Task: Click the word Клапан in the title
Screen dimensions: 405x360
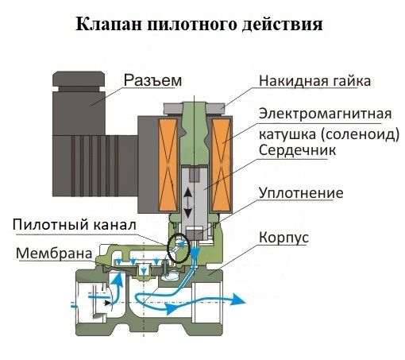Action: coord(109,24)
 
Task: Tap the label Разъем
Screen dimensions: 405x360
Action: coord(152,80)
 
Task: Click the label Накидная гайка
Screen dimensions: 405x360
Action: coord(314,81)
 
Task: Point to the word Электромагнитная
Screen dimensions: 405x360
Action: coord(325,114)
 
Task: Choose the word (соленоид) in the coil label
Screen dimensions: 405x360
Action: coord(360,134)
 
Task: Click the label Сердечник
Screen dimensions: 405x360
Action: coord(297,150)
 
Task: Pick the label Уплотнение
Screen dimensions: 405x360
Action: coord(301,193)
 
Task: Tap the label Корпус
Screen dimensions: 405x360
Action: coord(283,237)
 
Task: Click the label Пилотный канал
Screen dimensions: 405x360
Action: coord(75,225)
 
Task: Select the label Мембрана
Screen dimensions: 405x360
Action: coord(54,254)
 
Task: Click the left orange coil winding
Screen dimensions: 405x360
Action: coord(168,164)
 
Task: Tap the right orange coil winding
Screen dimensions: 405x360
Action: coord(222,164)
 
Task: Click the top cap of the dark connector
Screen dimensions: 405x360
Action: coord(79,79)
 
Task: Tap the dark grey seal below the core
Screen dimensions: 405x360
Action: coord(195,234)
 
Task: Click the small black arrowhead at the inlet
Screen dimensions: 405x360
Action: coord(107,303)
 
